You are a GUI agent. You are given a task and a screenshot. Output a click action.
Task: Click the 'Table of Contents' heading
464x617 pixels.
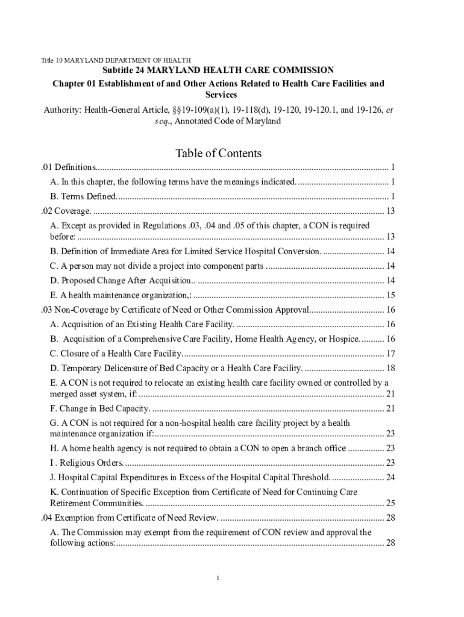pos(218,153)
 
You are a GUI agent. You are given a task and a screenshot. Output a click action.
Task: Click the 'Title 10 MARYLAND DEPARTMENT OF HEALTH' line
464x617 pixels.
pos(116,60)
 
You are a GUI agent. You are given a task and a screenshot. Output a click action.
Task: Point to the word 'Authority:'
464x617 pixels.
pos(63,110)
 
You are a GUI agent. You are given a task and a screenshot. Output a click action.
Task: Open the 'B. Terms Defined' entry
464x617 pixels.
pos(84,196)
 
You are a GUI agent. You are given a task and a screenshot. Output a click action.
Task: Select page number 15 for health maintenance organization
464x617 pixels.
pos(390,295)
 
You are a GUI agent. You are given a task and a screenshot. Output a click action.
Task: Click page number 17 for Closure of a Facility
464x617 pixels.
pos(390,354)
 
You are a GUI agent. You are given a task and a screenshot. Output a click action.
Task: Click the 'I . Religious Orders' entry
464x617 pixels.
pos(87,463)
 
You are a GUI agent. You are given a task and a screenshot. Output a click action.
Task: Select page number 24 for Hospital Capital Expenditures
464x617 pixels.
pos(390,478)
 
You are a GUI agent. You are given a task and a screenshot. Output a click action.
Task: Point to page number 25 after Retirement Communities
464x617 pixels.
pos(390,503)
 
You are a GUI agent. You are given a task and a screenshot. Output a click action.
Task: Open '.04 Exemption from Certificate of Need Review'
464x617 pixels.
pos(130,518)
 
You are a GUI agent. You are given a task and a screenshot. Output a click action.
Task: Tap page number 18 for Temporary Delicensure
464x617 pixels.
pos(390,368)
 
